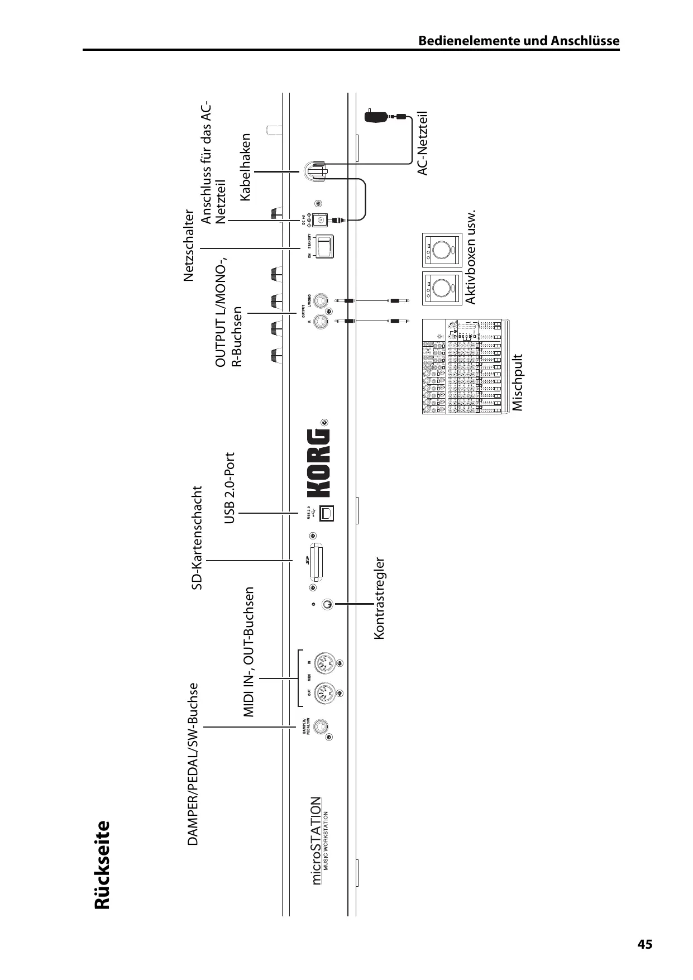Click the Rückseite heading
(x=102, y=865)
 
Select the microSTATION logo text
(x=317, y=841)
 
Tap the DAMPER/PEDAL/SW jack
(x=321, y=726)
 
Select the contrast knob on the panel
(x=328, y=604)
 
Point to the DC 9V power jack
(x=321, y=220)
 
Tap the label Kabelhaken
(x=246, y=167)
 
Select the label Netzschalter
(x=189, y=246)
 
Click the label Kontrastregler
(x=380, y=597)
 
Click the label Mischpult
(x=518, y=383)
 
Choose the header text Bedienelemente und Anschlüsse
(x=519, y=41)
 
